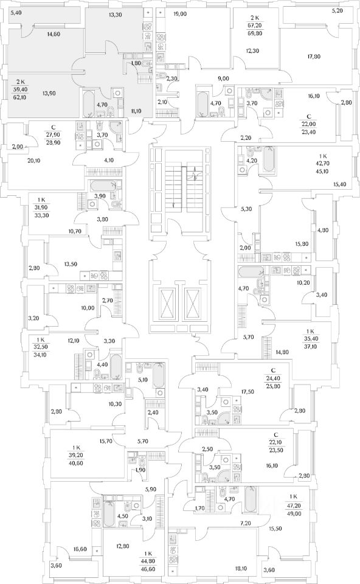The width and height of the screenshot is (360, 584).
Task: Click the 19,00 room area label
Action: click(180, 14)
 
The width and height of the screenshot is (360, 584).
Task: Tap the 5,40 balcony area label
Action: click(16, 13)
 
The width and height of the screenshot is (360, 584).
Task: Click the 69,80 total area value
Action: click(255, 33)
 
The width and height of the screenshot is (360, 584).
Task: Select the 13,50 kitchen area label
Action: click(71, 264)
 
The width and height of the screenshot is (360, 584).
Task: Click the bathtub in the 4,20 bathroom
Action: click(268, 160)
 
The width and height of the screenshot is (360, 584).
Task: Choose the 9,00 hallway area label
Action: click(223, 78)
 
